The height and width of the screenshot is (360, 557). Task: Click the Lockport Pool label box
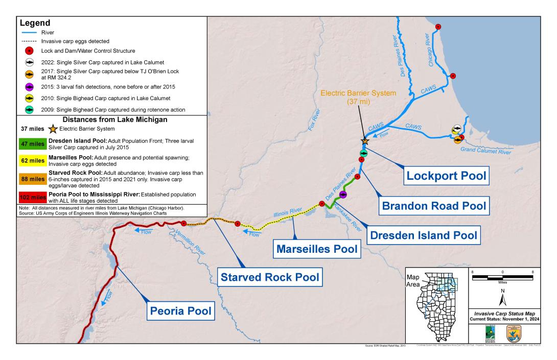(x=445, y=177)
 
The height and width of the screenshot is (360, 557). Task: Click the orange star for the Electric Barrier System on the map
(x=365, y=140)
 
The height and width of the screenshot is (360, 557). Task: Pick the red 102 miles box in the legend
(x=33, y=197)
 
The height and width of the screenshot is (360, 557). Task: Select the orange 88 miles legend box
(x=33, y=179)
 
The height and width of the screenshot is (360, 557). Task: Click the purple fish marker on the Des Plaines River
(x=343, y=195)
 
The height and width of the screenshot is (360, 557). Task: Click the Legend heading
(x=35, y=23)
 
